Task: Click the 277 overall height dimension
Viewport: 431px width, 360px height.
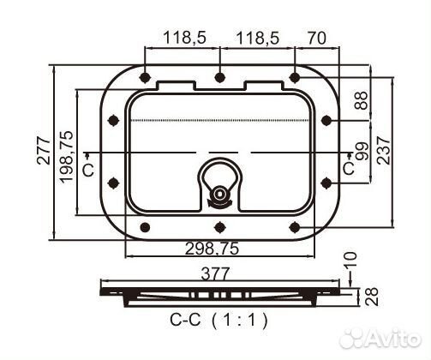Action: pyautogui.click(x=44, y=151)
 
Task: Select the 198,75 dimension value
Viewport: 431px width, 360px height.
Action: pyautogui.click(x=66, y=157)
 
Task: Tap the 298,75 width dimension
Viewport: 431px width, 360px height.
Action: pyautogui.click(x=212, y=249)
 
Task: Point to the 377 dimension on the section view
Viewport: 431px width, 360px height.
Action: pyautogui.click(x=215, y=273)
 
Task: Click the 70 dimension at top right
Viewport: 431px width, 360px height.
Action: pyautogui.click(x=317, y=38)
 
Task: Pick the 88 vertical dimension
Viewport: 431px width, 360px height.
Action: pyautogui.click(x=361, y=100)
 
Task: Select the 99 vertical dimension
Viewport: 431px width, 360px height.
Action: pyautogui.click(x=362, y=152)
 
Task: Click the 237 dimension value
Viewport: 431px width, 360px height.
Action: pyautogui.click(x=383, y=150)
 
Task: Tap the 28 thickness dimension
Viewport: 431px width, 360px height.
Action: pyautogui.click(x=372, y=297)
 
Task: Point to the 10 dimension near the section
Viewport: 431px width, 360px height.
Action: pyautogui.click(x=350, y=261)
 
